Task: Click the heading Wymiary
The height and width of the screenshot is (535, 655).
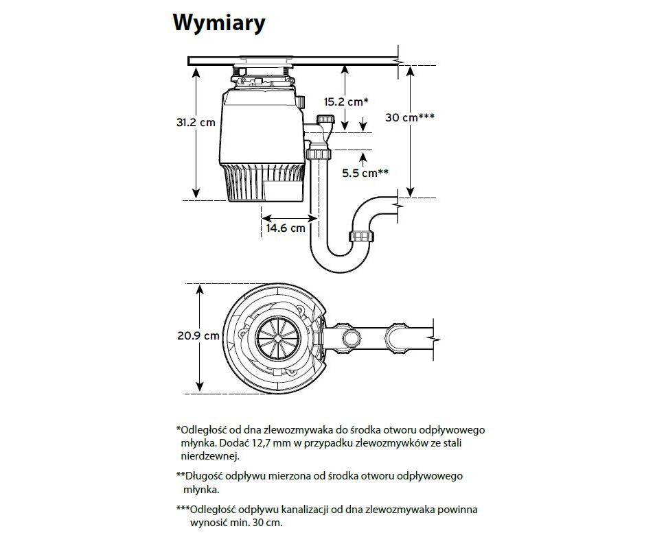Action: [219, 23]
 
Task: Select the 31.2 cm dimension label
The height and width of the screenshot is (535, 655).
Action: [196, 122]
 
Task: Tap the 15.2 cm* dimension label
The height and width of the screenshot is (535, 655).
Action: [346, 102]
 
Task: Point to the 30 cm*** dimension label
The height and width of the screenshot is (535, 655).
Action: [410, 117]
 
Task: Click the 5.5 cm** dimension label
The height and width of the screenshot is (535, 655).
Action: [365, 173]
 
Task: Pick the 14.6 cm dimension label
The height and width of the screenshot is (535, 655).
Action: [286, 228]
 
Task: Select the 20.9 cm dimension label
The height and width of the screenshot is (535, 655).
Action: [198, 335]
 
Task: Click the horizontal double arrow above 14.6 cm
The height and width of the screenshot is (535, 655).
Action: [289, 217]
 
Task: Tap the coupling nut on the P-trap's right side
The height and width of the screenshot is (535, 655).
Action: [362, 236]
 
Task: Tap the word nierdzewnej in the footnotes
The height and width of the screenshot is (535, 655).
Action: [210, 455]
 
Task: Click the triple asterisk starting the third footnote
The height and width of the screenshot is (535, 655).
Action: [183, 509]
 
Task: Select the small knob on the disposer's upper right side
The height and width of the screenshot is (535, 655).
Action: [301, 102]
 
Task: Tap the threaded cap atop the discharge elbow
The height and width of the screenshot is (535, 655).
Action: [326, 119]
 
